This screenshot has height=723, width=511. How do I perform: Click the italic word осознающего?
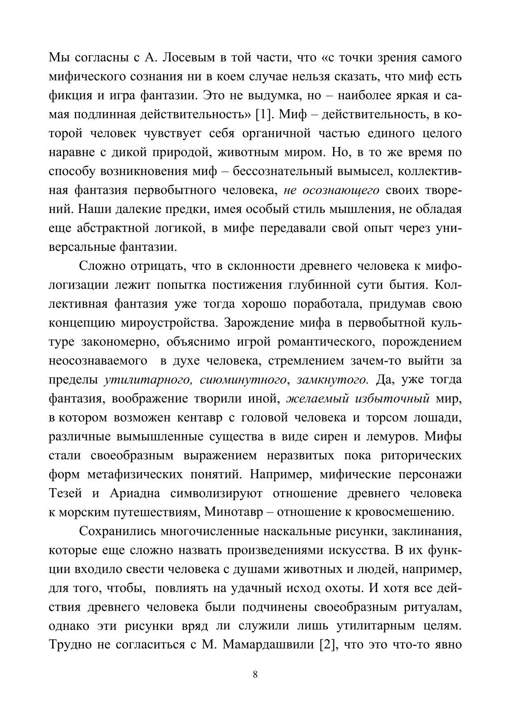coord(341,190)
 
